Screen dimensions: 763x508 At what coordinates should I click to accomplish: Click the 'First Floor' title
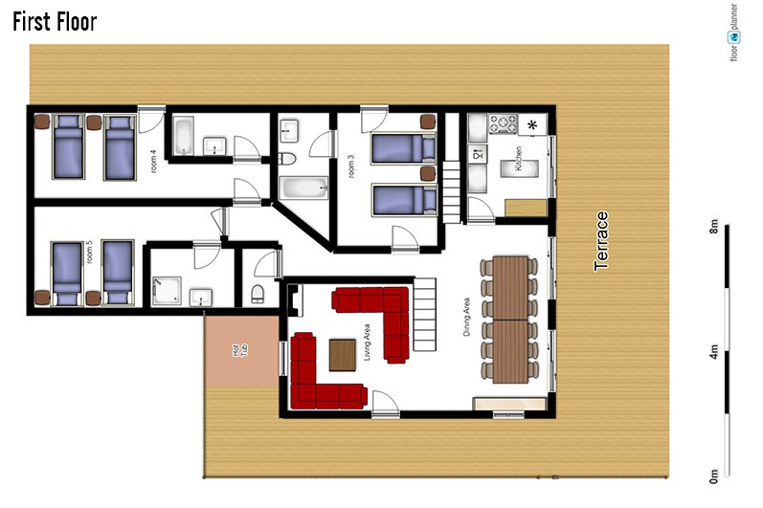[x=55, y=22]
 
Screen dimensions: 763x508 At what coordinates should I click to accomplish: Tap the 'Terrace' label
[x=601, y=241]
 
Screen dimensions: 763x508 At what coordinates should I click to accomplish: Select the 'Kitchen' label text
[x=519, y=158]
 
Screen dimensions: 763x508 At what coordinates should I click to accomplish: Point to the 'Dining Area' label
[x=466, y=317]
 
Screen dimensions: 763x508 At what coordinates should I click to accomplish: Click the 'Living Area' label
[x=367, y=342]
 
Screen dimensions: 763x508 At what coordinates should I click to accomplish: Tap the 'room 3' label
[x=350, y=166]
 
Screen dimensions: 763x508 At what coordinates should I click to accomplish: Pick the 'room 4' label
[x=154, y=162]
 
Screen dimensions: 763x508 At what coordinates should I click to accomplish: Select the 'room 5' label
[x=89, y=253]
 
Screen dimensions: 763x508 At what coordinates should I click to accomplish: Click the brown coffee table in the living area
[x=343, y=355]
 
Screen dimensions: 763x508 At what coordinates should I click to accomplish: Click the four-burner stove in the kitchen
[x=503, y=123]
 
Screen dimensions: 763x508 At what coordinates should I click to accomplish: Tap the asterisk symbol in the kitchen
[x=533, y=125]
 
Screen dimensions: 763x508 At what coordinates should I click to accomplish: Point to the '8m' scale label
[x=713, y=227]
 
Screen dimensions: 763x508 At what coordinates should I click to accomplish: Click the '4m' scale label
[x=713, y=351]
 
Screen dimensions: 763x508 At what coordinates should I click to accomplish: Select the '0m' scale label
[x=713, y=476]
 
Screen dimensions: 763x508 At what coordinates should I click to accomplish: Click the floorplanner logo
[x=734, y=33]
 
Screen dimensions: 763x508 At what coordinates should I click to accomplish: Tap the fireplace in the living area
[x=294, y=301]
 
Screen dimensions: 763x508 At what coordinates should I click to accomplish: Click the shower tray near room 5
[x=167, y=291]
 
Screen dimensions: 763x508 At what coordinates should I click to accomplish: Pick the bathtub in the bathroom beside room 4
[x=184, y=136]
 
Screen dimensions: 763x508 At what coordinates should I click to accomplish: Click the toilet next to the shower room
[x=258, y=294]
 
